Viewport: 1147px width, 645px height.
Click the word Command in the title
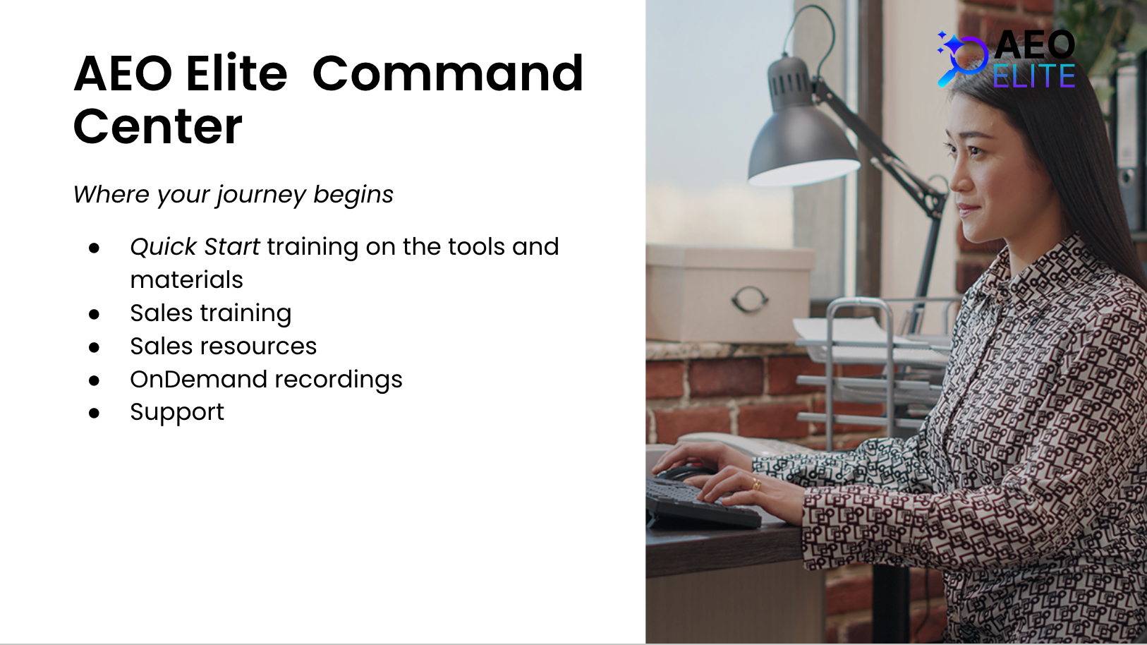pyautogui.click(x=447, y=73)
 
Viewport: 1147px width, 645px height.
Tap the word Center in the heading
pyautogui.click(x=158, y=126)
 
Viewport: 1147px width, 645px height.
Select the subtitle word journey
pyautogui.click(x=260, y=195)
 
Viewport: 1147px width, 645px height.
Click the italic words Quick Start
pyautogui.click(x=195, y=247)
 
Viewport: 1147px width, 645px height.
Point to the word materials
pyautogui.click(x=186, y=279)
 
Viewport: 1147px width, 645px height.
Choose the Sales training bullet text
pyautogui.click(x=210, y=313)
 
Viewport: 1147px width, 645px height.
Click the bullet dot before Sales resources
pyautogui.click(x=94, y=347)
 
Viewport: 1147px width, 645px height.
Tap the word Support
pyautogui.click(x=177, y=413)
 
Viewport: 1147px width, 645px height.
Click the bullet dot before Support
pyautogui.click(x=94, y=413)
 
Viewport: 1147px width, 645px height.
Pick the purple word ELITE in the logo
pyautogui.click(x=1034, y=76)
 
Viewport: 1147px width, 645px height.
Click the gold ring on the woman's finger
pyautogui.click(x=755, y=483)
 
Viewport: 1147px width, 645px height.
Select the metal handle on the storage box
pyautogui.click(x=750, y=299)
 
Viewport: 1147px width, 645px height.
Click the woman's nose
pyautogui.click(x=956, y=182)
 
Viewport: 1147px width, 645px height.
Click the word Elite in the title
pyautogui.click(x=236, y=73)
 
